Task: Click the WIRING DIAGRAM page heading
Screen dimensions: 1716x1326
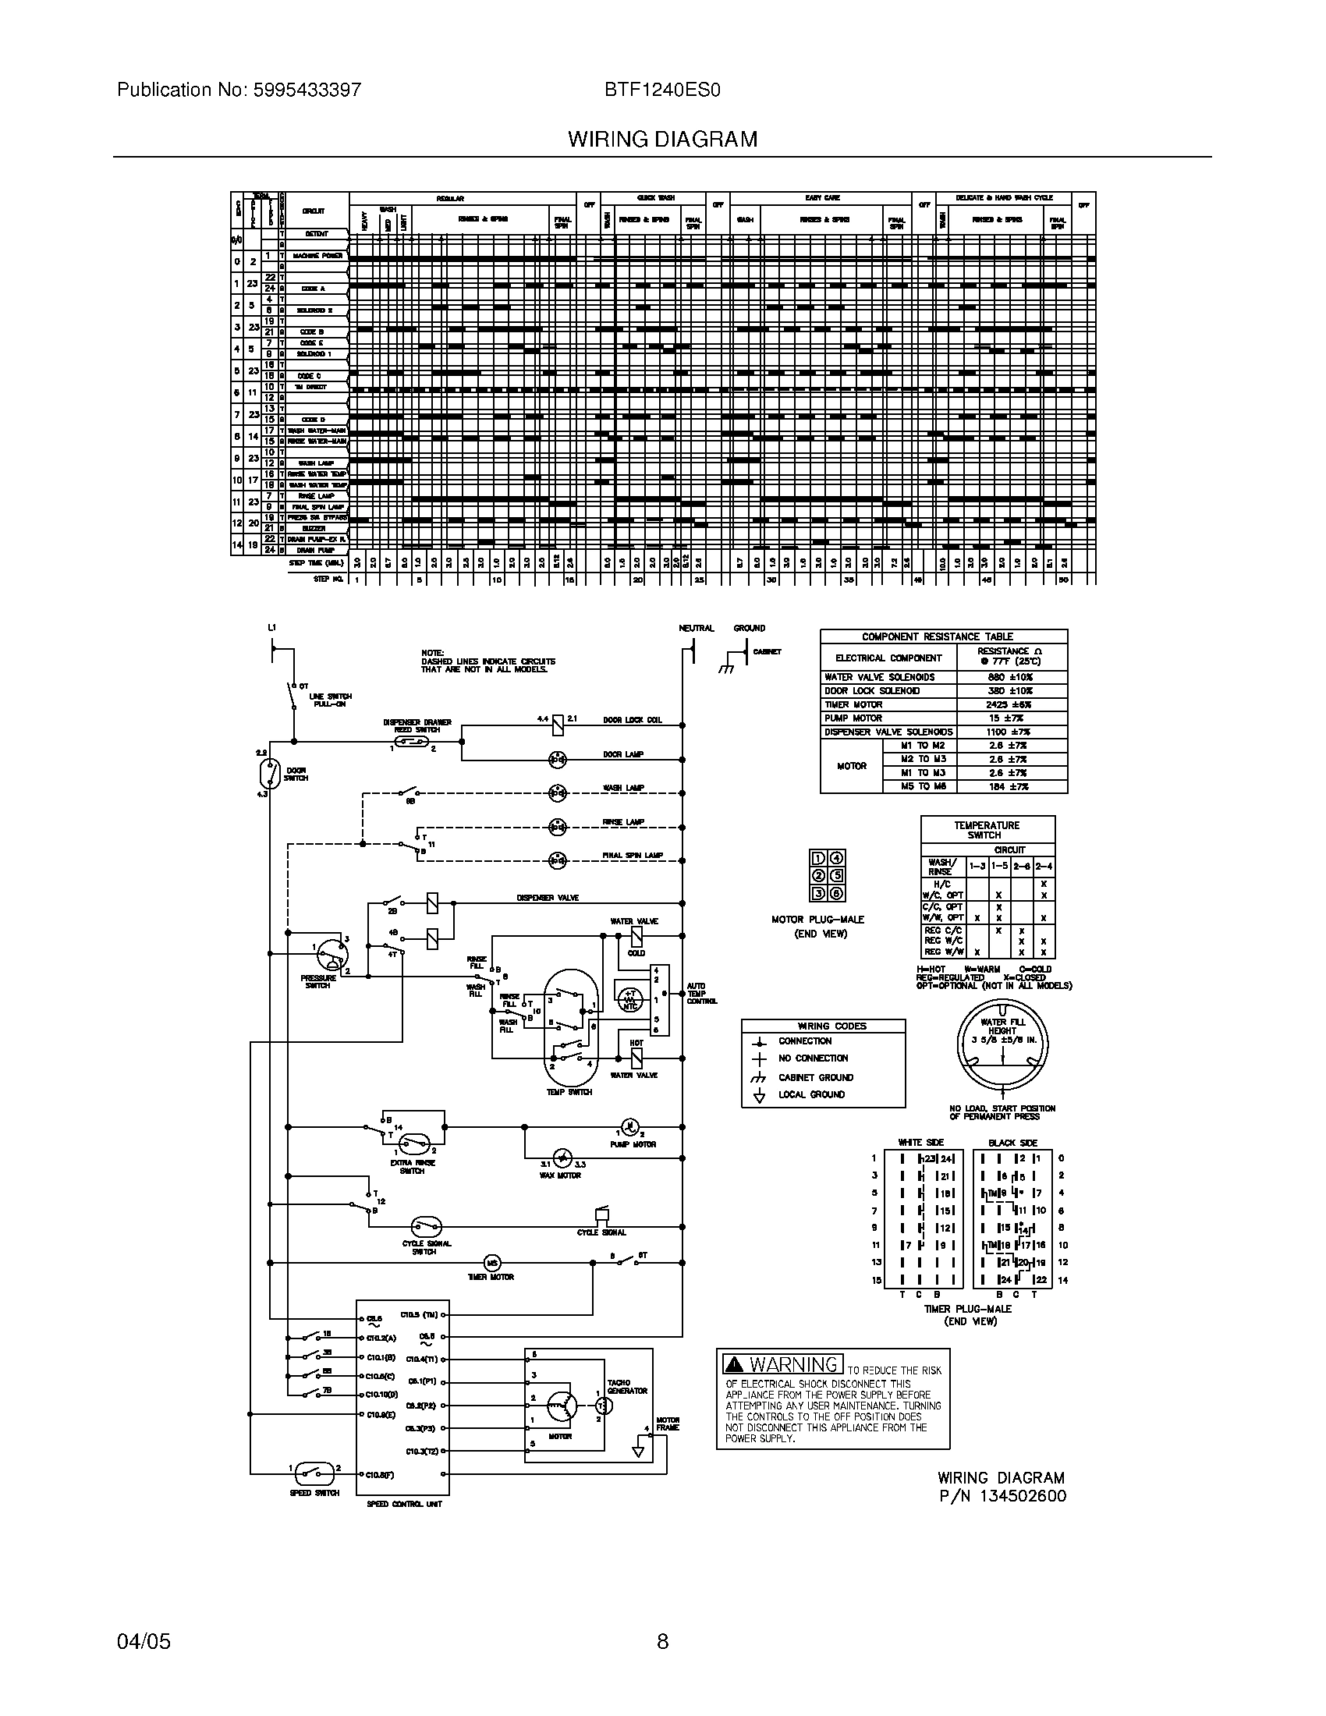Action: click(x=662, y=139)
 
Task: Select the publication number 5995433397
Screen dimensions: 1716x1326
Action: click(x=307, y=90)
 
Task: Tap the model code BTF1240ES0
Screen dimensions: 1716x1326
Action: click(x=662, y=90)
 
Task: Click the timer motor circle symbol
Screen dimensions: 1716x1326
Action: click(x=491, y=1263)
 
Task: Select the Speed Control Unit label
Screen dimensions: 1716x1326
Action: click(x=405, y=1504)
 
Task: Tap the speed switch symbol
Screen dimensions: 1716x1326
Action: click(x=315, y=1470)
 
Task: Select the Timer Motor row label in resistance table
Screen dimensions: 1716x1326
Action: click(x=853, y=705)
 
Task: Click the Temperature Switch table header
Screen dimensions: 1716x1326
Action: click(x=987, y=830)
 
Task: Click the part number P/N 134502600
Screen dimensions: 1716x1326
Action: click(x=1002, y=1496)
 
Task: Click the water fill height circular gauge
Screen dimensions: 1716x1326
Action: click(x=1003, y=1044)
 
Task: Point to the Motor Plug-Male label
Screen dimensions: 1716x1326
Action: click(x=817, y=920)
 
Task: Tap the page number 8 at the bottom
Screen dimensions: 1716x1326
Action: click(x=662, y=1640)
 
